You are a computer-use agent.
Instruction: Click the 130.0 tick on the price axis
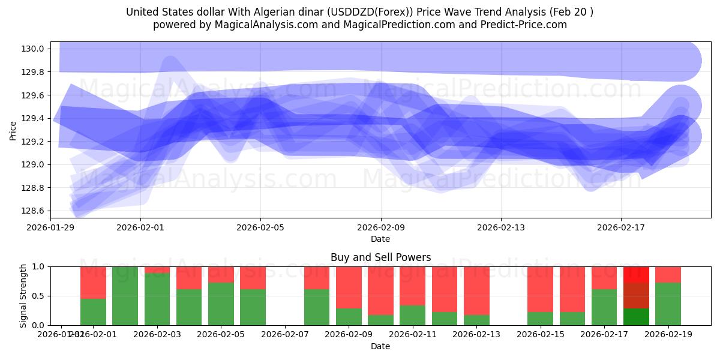click(34, 49)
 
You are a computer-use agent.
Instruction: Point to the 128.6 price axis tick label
click(34, 211)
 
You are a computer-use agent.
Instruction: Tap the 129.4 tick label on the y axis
click(34, 118)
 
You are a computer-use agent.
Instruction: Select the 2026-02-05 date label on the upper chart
click(260, 227)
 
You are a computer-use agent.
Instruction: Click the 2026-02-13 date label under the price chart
click(501, 227)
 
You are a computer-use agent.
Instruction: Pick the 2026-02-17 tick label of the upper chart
click(621, 227)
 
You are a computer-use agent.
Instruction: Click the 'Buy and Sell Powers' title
click(380, 257)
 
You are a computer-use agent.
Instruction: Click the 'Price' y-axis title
click(14, 130)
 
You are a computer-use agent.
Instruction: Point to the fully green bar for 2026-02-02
click(125, 296)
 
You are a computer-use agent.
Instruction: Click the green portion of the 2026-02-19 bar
click(668, 304)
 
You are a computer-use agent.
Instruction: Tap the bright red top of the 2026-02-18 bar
click(636, 274)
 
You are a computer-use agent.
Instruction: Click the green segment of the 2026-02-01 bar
click(93, 311)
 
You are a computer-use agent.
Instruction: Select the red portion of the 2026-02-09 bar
click(349, 287)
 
